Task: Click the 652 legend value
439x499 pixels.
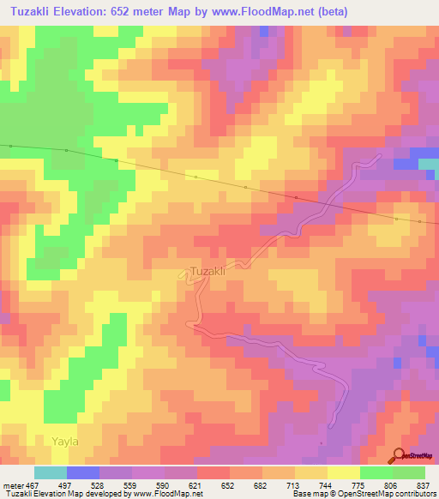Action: (229, 484)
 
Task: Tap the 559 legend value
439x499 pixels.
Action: (131, 484)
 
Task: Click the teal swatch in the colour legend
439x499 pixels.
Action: (51, 472)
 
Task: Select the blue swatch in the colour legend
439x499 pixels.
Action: (83, 472)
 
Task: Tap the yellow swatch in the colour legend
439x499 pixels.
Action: (344, 472)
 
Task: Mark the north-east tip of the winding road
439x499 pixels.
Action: (380, 156)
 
